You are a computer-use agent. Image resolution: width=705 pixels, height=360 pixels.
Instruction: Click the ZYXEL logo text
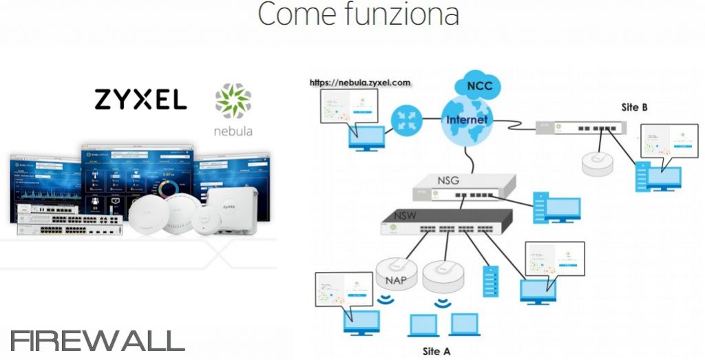pos(140,100)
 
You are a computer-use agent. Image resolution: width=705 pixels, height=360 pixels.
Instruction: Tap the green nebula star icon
pos(233,100)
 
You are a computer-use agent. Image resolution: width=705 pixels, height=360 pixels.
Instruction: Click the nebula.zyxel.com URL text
pos(360,83)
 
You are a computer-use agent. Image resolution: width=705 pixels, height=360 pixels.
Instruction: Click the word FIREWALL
pos(98,341)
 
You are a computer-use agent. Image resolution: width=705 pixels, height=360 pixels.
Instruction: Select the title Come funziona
pos(358,15)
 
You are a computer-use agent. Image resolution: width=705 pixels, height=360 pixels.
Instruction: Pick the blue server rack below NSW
pos(490,280)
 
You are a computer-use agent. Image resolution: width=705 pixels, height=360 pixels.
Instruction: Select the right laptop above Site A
pos(464,324)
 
